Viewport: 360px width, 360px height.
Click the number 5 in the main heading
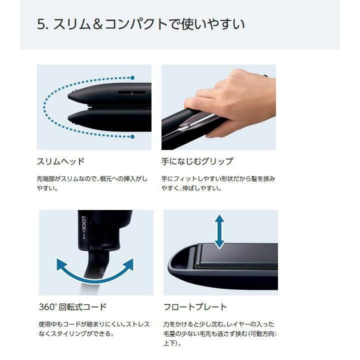click(41, 24)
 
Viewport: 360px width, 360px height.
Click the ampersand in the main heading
click(98, 24)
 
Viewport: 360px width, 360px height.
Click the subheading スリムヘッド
click(61, 161)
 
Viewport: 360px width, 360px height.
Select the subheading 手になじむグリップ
click(197, 161)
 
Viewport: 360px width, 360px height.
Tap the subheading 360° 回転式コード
click(72, 307)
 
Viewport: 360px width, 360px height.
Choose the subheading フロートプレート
click(195, 307)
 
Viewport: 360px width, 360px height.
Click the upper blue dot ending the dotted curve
click(132, 78)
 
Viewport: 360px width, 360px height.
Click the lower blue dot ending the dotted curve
click(132, 137)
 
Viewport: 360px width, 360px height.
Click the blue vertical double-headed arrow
click(219, 231)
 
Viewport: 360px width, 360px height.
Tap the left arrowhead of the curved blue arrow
click(61, 264)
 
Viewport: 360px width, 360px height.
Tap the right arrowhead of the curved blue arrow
click(128, 264)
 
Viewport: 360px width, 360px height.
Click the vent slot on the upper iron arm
click(132, 92)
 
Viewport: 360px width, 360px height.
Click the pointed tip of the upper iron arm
click(69, 95)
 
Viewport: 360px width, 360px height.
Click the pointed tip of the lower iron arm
click(69, 118)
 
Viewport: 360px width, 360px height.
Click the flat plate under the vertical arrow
click(237, 254)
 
